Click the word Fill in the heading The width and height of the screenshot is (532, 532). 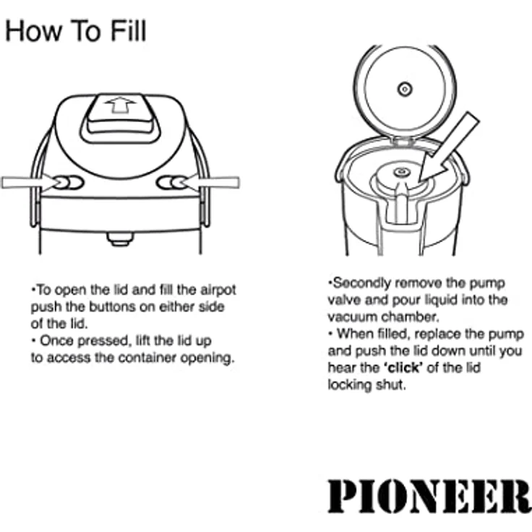click(128, 30)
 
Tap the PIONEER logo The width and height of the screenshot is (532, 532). click(429, 496)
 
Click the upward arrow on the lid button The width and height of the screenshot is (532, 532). click(121, 105)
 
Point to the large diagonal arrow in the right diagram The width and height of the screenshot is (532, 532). click(448, 148)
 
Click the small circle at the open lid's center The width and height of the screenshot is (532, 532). click(405, 90)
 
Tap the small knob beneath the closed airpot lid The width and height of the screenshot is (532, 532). click(120, 239)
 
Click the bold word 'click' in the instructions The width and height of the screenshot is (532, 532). click(403, 368)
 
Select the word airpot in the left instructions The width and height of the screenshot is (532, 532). click(218, 291)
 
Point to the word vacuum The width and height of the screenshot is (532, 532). click(353, 317)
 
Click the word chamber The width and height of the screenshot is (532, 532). click(410, 317)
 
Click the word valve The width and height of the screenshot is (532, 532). click(344, 300)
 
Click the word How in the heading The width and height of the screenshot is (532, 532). click(34, 30)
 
